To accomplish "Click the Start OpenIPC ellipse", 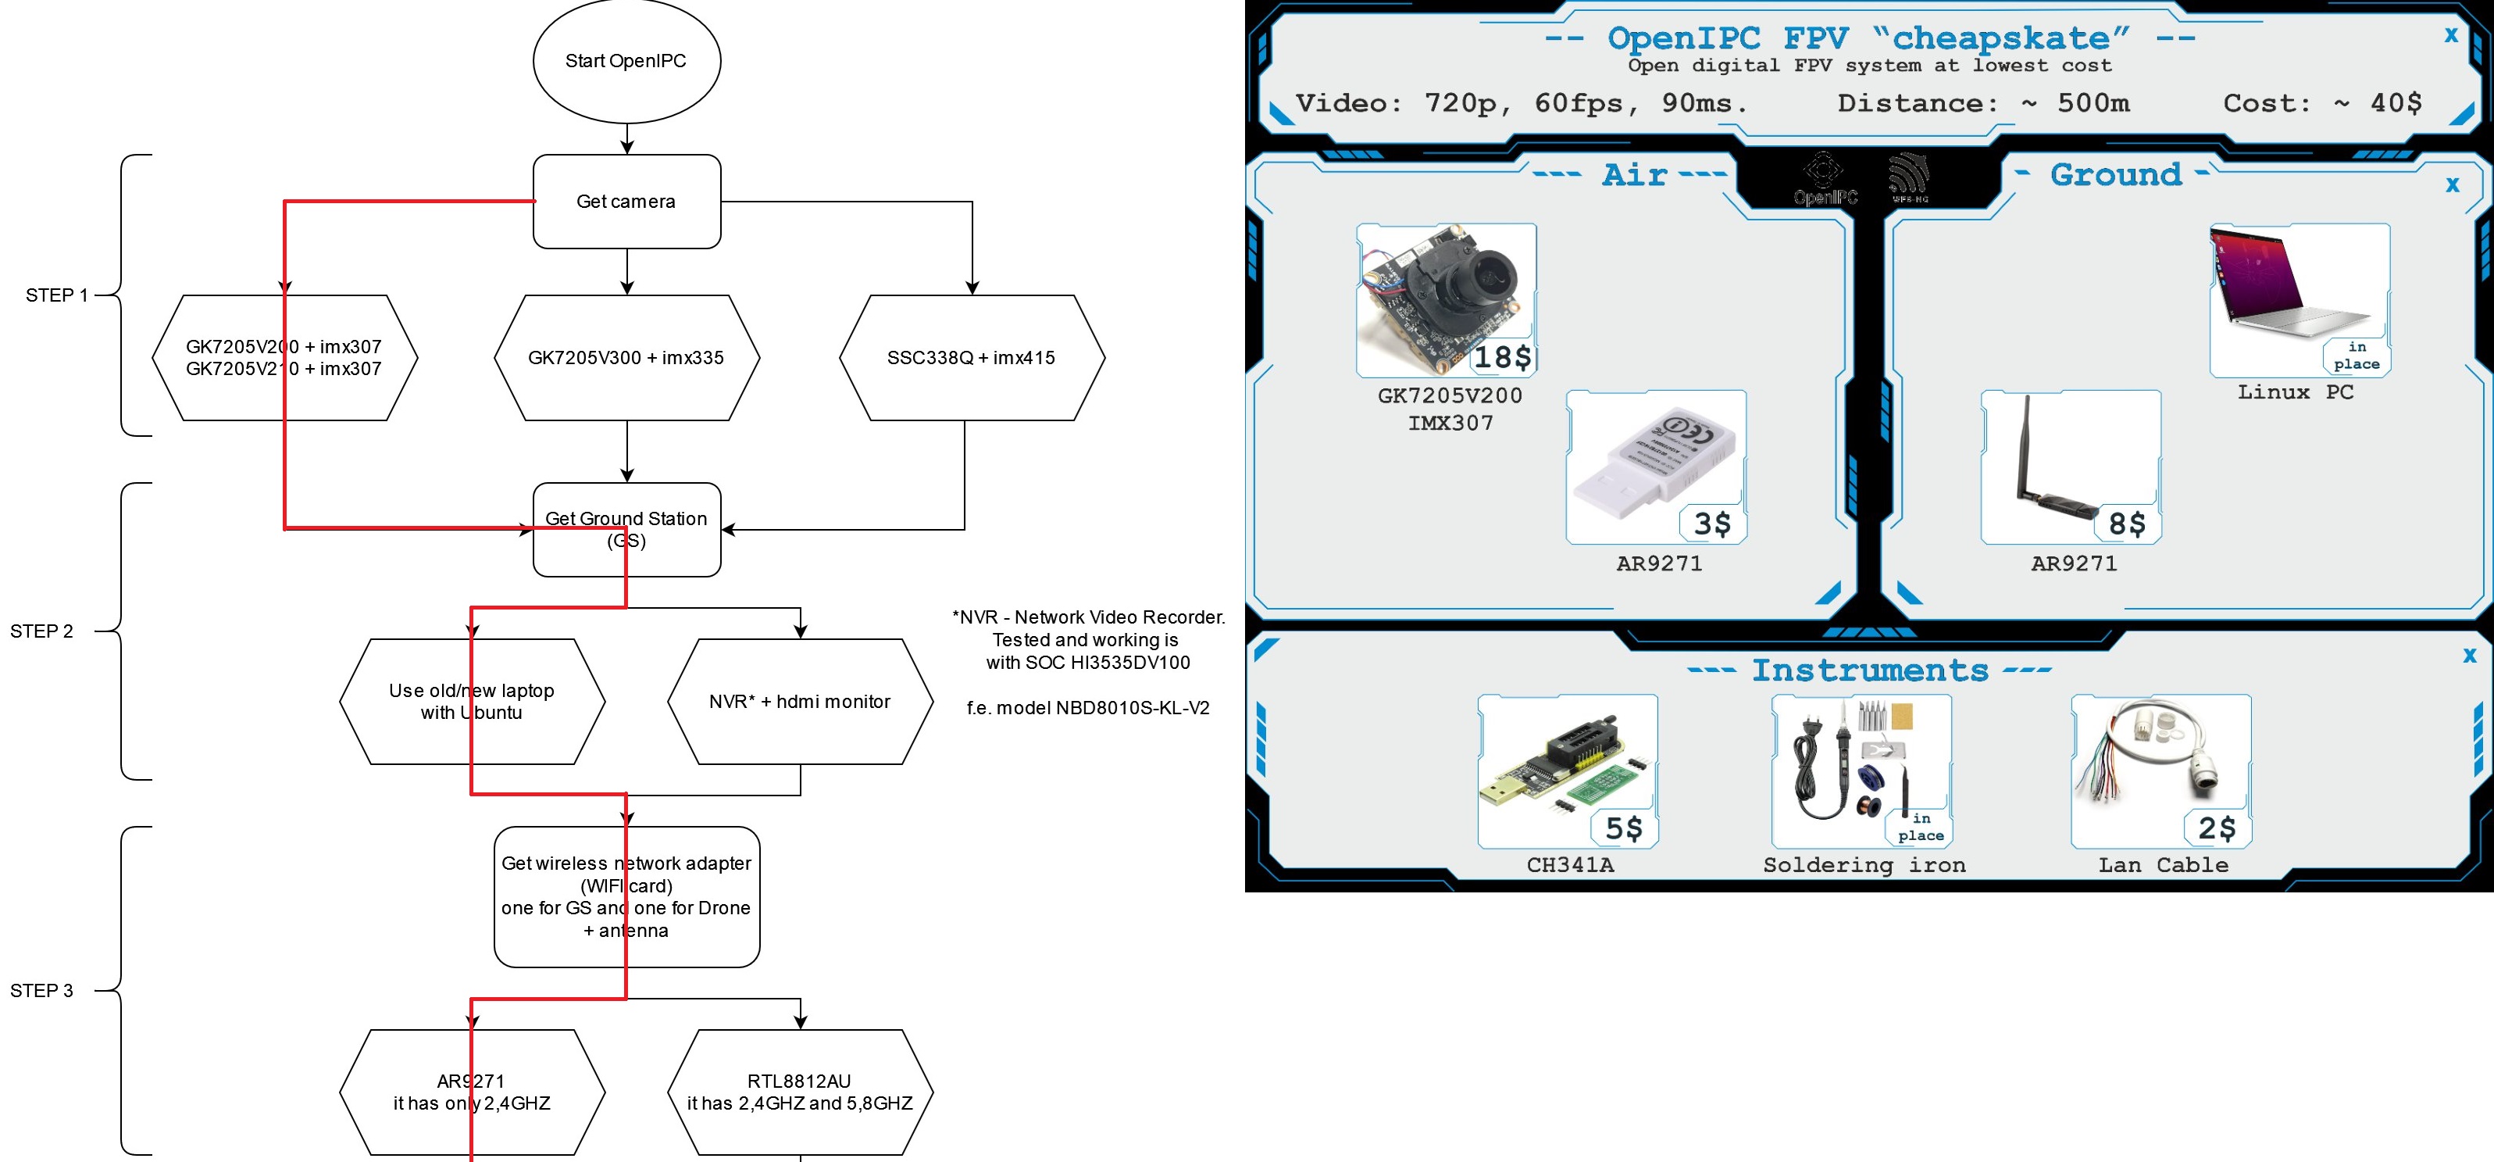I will (x=626, y=61).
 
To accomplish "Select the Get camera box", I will (x=626, y=202).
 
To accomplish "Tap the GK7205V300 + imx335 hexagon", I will (x=626, y=357).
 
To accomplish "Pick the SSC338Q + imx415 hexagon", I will (x=971, y=357).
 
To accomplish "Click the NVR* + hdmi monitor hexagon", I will (x=800, y=701).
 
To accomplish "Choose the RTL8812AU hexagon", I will (x=800, y=1092).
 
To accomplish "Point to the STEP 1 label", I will (x=56, y=295).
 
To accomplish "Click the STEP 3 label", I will (x=41, y=991).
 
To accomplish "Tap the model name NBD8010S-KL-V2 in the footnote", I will (x=1132, y=708).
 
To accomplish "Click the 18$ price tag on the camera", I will (x=1501, y=357).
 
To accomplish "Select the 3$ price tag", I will (x=1711, y=524).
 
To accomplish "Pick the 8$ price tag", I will (x=2127, y=524).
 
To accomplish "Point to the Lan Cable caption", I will (x=2163, y=865).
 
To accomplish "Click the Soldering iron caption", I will (x=1864, y=865).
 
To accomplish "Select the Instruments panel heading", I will (x=1870, y=670).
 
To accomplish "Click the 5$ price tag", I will (x=1624, y=828).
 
